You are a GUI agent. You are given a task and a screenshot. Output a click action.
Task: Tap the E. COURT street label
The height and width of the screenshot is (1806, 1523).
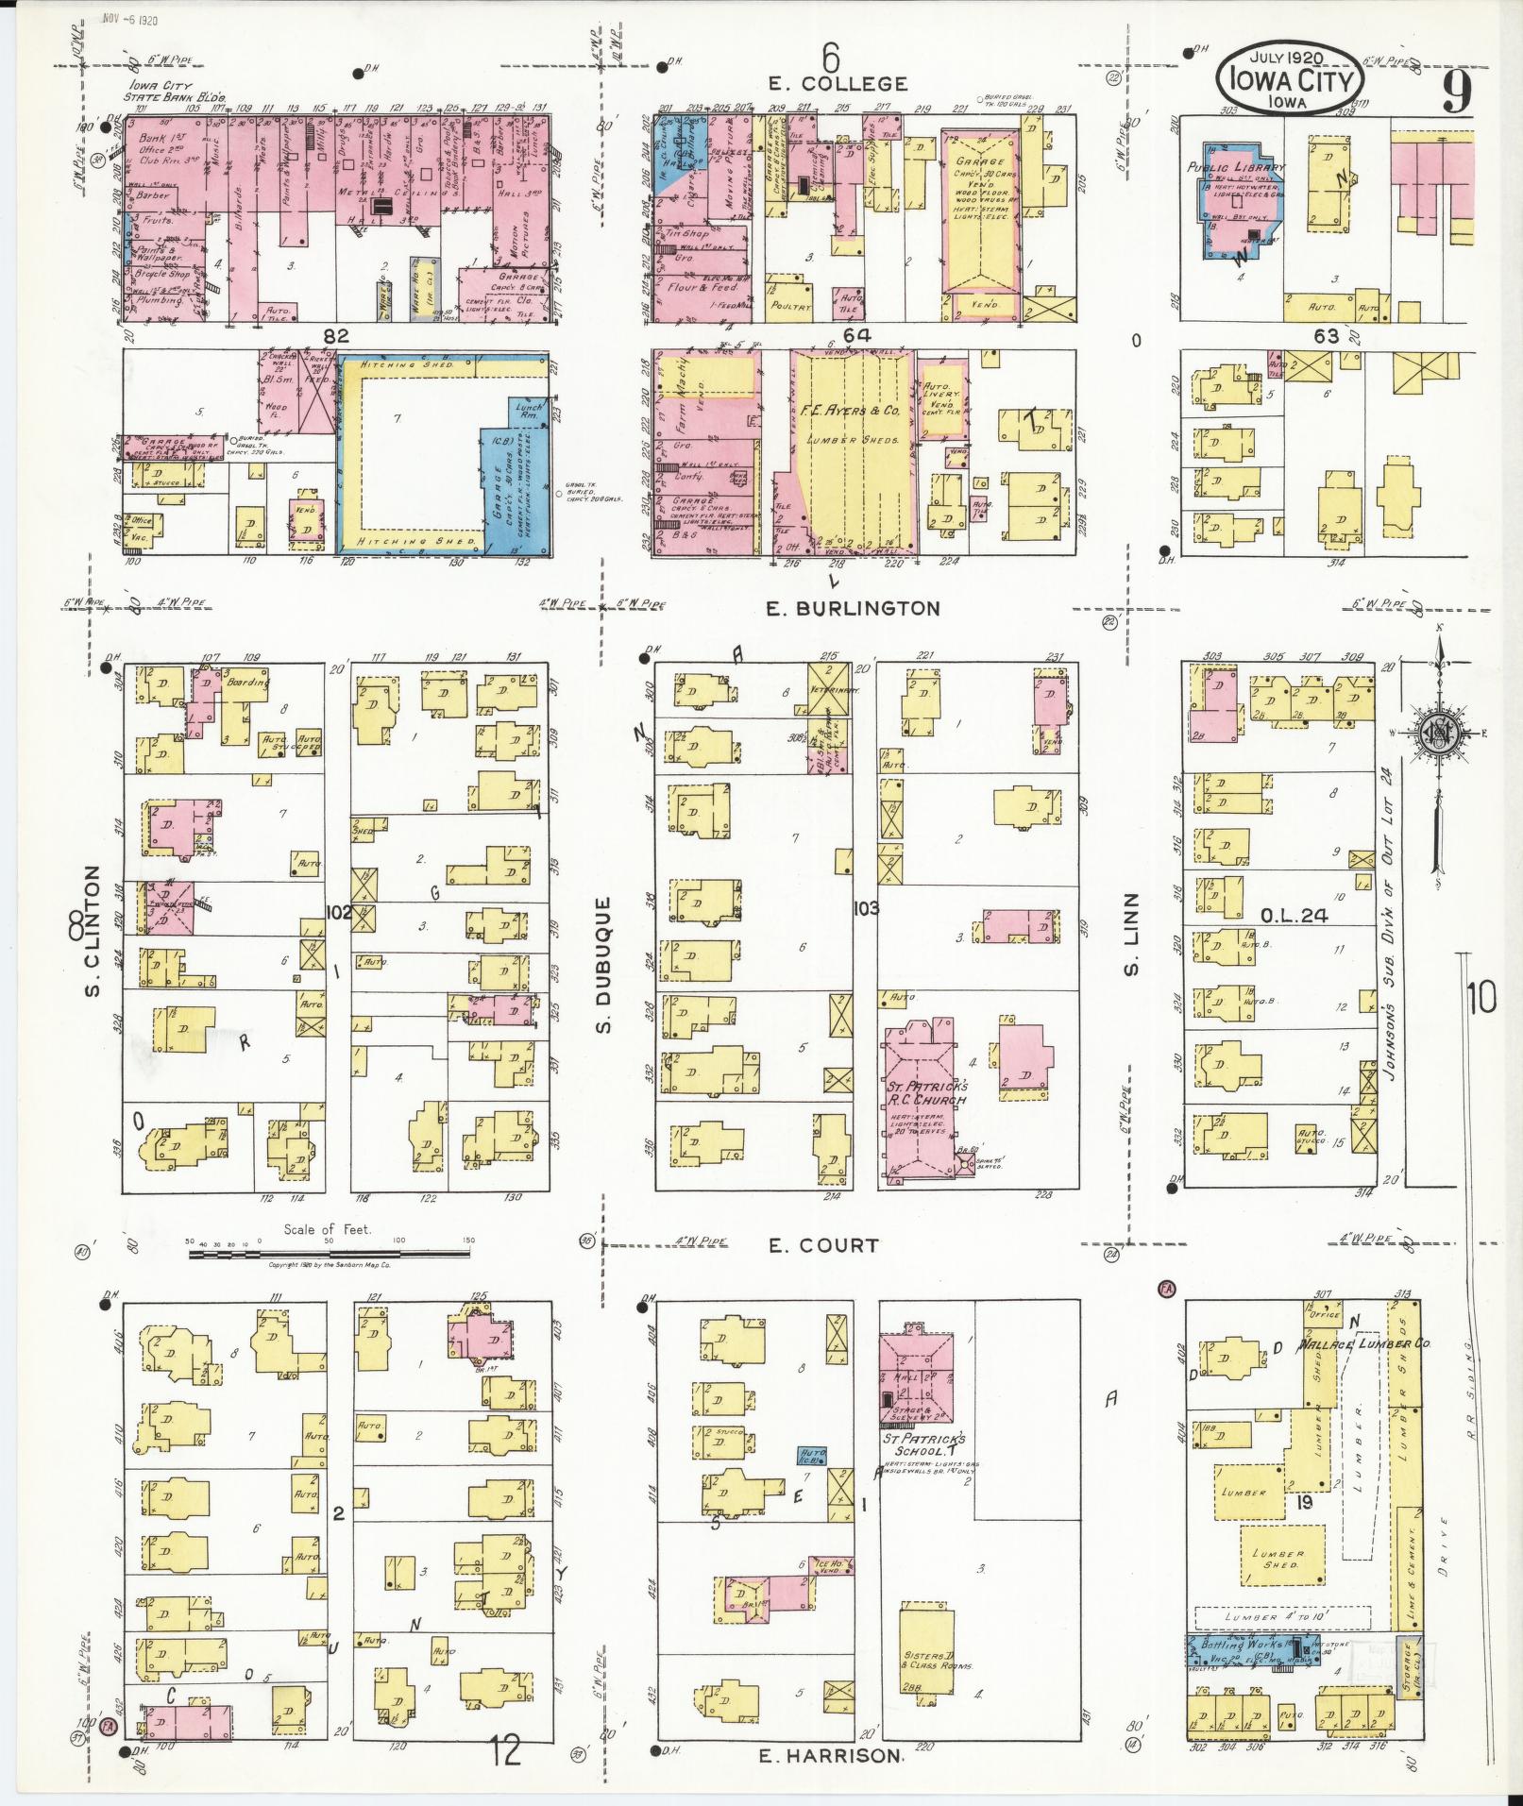click(822, 1245)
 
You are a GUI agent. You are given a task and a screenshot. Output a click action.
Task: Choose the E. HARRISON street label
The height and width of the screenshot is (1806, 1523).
click(830, 1755)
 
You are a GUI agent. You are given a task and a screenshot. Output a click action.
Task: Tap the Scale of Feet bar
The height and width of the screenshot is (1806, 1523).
click(329, 1254)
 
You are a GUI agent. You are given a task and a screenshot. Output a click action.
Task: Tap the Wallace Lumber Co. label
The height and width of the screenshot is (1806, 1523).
click(1356, 1343)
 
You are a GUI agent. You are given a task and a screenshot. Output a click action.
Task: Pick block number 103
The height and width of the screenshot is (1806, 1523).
click(865, 908)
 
